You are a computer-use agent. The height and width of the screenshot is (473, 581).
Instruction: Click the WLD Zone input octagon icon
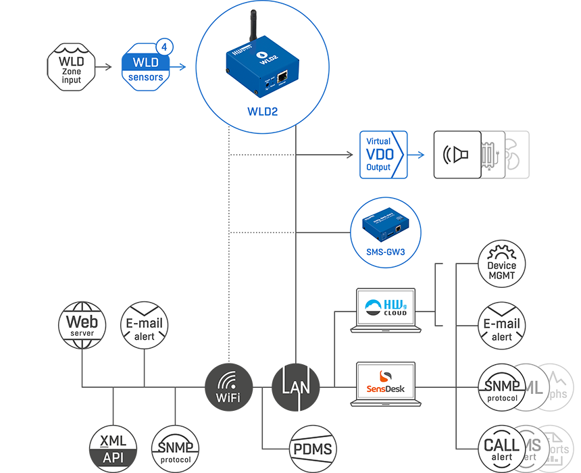(x=71, y=66)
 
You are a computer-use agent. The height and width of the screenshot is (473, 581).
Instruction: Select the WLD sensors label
(x=146, y=70)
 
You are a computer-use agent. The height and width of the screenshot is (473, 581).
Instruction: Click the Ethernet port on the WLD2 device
(x=283, y=77)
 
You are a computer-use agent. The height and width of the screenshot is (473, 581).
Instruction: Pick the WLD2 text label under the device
(x=262, y=111)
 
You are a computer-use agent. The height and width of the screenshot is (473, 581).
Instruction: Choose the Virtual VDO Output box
(x=383, y=155)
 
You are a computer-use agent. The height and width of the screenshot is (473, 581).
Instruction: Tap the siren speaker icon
(x=456, y=155)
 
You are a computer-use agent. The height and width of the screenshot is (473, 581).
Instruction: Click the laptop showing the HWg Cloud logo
(x=386, y=310)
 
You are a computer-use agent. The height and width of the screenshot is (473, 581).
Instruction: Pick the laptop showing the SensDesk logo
(x=386, y=384)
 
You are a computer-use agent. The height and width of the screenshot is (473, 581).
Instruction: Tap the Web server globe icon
(x=82, y=324)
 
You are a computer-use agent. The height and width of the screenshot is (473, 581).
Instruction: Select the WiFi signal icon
(x=228, y=387)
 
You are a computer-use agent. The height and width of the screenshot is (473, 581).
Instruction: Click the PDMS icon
(x=312, y=449)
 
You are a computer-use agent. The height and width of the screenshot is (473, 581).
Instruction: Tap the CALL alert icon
(x=502, y=449)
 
